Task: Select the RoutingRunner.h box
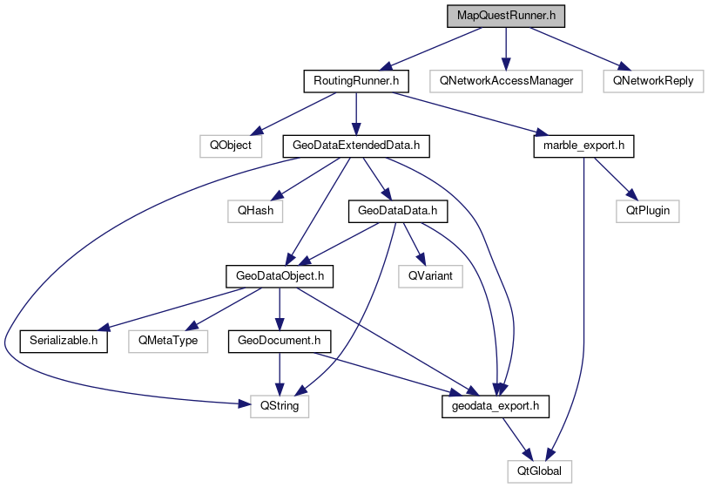(356, 81)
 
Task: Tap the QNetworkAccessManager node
(506, 81)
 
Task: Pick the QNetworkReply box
(653, 81)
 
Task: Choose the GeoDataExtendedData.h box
(357, 146)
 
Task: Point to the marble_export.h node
(583, 146)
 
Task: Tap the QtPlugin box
(647, 210)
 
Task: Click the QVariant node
(430, 275)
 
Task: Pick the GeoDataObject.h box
(280, 275)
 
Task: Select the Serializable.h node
(64, 340)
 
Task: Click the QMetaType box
(168, 340)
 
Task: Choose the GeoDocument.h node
(280, 340)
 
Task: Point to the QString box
(280, 405)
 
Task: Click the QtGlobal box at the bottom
(541, 471)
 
